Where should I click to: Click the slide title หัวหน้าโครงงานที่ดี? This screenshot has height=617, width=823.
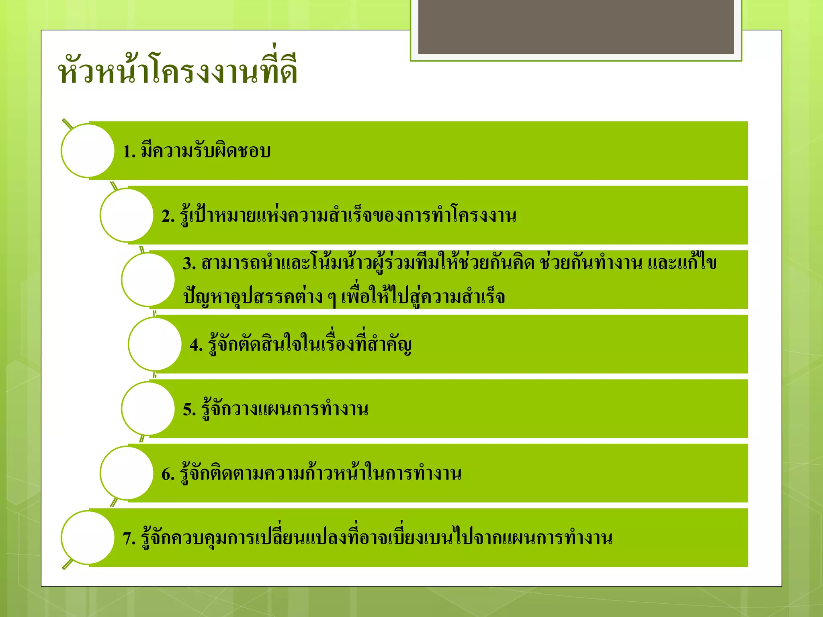[x=178, y=70]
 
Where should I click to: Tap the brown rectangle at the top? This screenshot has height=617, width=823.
[x=575, y=27]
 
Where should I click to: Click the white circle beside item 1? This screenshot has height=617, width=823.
[x=88, y=151]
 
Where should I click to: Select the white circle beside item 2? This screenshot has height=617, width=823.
[x=127, y=215]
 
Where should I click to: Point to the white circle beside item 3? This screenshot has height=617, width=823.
[x=148, y=280]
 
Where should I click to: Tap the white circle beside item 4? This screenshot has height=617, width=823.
[x=155, y=344]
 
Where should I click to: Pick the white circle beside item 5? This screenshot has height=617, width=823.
[x=148, y=409]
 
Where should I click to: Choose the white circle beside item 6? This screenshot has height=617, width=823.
[x=127, y=473]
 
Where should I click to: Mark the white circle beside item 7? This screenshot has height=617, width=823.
[x=88, y=537]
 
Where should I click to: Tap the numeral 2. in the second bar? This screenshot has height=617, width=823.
[x=168, y=217]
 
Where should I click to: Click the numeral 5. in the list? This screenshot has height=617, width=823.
[x=189, y=410]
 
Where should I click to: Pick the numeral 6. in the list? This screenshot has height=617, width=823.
[x=168, y=474]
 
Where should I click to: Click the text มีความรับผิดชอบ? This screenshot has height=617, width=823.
[x=206, y=151]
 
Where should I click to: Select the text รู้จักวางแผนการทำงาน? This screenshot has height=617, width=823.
[x=285, y=409]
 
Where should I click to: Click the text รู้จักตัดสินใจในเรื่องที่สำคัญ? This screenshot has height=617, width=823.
[x=309, y=344]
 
